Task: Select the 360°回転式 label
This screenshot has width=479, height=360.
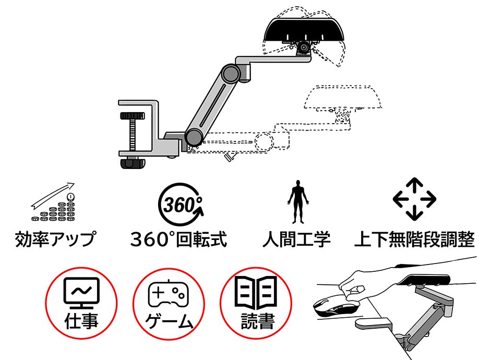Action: tap(178, 240)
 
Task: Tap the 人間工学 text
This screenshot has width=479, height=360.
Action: tap(296, 240)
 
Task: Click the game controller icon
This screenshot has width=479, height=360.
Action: tap(167, 295)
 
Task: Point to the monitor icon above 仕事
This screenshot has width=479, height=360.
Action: tap(81, 293)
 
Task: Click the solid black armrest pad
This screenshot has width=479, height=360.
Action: tap(303, 29)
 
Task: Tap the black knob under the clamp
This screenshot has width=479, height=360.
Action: tap(133, 163)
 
